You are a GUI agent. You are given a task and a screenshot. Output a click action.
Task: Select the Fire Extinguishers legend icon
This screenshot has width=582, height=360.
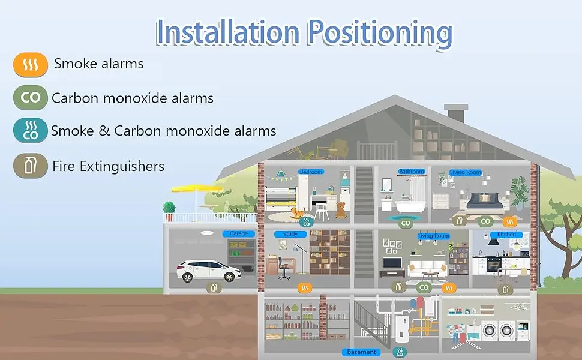[x=30, y=166]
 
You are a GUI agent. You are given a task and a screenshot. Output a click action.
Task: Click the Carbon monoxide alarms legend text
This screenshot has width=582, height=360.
[x=133, y=98]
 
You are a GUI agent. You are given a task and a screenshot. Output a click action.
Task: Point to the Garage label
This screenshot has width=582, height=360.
[x=239, y=233]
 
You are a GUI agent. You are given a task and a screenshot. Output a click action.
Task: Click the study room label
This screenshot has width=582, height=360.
[x=290, y=233]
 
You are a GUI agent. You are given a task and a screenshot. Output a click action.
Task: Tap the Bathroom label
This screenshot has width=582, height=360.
[x=412, y=172]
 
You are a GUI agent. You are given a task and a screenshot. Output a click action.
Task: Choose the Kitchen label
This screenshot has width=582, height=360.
[x=506, y=234]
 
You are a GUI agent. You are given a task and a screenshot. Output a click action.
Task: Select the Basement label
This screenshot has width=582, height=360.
[x=362, y=352]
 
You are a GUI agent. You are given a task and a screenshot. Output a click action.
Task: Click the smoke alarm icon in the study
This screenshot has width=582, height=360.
[x=305, y=287]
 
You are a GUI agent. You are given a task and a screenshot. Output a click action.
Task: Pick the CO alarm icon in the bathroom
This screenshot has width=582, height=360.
[x=406, y=223]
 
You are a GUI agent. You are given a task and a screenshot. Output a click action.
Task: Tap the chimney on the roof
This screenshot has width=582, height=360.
[x=455, y=112]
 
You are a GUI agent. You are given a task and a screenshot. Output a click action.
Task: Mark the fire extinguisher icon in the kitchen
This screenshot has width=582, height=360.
[x=505, y=289]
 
